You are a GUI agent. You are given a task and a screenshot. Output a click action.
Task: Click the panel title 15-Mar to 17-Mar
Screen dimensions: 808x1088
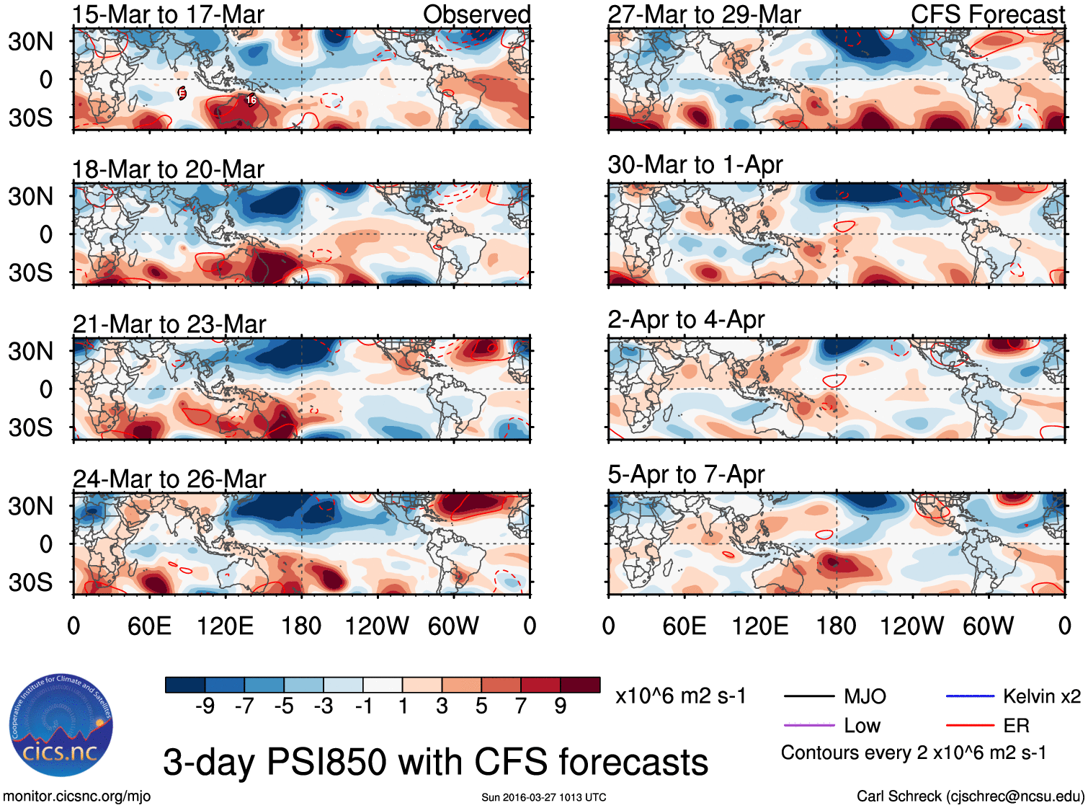(x=168, y=14)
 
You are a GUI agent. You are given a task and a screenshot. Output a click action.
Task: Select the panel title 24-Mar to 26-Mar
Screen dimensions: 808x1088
(x=169, y=479)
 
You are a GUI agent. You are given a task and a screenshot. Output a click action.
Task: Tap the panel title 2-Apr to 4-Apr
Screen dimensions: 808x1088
(x=686, y=319)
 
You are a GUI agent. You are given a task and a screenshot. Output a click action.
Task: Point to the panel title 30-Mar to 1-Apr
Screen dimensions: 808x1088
(x=695, y=164)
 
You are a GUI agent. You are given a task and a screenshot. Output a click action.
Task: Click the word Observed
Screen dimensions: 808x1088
(x=476, y=14)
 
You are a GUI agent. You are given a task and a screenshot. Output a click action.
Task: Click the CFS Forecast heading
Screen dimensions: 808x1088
(x=987, y=14)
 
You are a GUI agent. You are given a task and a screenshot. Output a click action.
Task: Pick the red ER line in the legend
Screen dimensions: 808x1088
(x=970, y=725)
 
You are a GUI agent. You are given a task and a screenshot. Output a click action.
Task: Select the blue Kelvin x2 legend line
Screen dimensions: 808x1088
(x=970, y=696)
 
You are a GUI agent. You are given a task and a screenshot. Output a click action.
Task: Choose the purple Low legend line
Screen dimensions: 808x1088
(x=808, y=725)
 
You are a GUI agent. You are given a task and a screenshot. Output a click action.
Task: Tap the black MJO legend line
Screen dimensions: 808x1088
(x=808, y=696)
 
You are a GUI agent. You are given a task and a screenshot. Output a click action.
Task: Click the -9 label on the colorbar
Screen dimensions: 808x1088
(x=205, y=706)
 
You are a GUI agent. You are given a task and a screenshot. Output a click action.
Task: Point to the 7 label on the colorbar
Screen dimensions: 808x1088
(x=521, y=706)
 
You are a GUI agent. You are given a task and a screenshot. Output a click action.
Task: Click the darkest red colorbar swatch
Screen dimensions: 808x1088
(x=580, y=685)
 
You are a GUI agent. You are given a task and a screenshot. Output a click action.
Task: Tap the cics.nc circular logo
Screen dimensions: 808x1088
(x=61, y=726)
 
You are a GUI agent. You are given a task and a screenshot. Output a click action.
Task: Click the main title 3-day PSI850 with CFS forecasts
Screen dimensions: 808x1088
(x=435, y=762)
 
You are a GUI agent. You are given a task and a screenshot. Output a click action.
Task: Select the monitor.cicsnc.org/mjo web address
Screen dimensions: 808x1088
(x=76, y=796)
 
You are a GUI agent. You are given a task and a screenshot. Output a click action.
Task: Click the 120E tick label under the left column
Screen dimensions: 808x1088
(x=225, y=626)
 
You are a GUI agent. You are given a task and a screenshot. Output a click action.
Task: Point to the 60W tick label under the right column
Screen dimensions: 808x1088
(x=988, y=626)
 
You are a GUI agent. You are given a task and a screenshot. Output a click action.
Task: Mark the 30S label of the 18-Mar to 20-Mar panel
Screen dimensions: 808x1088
(x=30, y=272)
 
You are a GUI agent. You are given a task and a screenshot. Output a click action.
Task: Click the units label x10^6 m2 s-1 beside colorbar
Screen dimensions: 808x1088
(x=680, y=696)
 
